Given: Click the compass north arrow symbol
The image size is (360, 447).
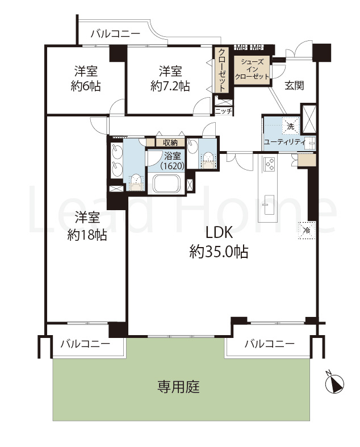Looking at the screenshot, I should click(335, 385).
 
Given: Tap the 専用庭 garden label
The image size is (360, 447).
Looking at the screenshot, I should click(179, 387).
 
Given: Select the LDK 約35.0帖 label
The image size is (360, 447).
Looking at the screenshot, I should click(218, 243).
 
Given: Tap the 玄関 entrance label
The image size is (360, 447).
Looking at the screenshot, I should click(294, 85).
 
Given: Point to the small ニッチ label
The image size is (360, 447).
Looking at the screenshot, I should click(223, 111).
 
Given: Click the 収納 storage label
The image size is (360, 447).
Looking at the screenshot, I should click(170, 143).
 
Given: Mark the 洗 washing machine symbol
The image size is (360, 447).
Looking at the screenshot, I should click(291, 126).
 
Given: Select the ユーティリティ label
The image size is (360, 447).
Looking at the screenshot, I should click(284, 141).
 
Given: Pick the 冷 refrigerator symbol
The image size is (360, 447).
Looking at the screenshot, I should click(305, 231).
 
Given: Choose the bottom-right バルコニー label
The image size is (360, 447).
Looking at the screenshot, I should click(270, 344).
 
